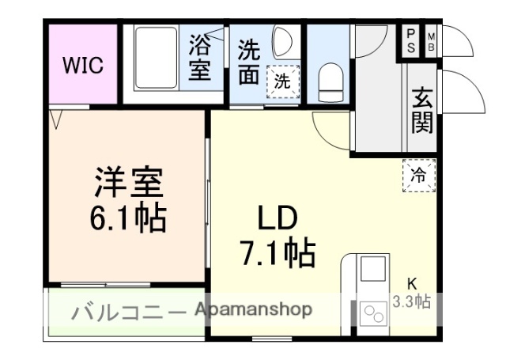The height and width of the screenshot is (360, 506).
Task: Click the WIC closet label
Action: [x=83, y=65]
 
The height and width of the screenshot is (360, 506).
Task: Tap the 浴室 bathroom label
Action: [x=199, y=57]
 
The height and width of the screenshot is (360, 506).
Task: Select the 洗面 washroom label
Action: [x=249, y=61]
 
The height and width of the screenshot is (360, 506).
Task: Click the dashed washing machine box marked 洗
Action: [x=282, y=80]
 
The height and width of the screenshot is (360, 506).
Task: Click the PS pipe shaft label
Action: [x=411, y=40]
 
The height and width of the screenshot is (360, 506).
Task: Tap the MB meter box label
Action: [x=432, y=40]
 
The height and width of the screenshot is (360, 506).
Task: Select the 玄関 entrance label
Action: [x=422, y=111]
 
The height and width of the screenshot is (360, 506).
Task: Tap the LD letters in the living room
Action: [x=276, y=218]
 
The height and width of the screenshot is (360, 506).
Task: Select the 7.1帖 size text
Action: [x=277, y=253]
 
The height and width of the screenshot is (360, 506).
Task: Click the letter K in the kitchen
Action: [x=411, y=283]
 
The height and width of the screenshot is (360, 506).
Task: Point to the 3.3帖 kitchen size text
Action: [x=412, y=301]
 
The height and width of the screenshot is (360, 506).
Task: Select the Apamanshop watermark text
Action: [x=253, y=309]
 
